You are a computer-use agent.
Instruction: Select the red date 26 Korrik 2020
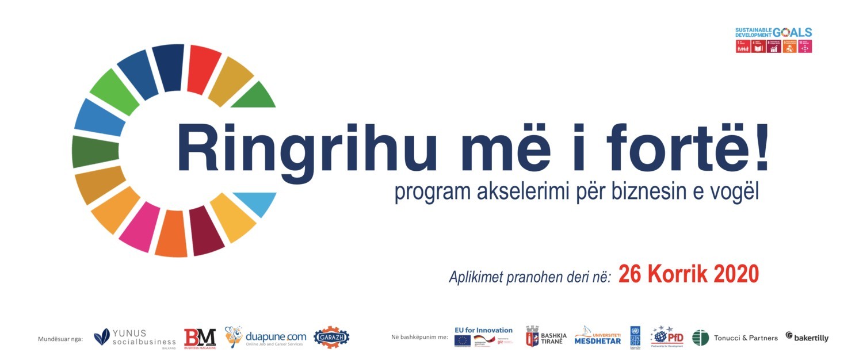[689, 274]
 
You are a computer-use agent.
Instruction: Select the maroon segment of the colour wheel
[205, 231]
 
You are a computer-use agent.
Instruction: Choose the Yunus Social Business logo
[135, 338]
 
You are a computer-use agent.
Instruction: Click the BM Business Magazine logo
[200, 338]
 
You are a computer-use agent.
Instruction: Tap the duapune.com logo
[266, 338]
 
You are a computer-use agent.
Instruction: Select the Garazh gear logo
[331, 338]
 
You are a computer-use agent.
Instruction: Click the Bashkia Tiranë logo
[546, 338]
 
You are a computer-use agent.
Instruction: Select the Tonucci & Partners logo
[735, 338]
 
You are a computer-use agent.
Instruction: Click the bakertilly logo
[807, 338]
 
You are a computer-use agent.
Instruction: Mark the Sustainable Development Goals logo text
[773, 33]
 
